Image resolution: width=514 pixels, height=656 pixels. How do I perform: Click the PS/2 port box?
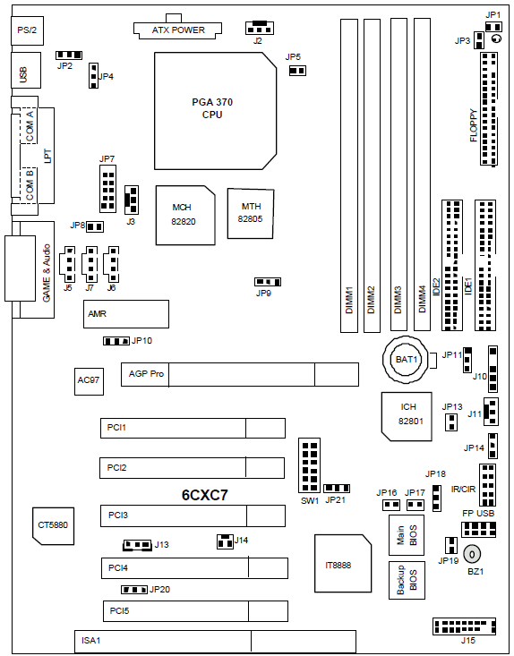tap(27, 30)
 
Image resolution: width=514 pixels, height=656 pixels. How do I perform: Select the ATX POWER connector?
tap(178, 27)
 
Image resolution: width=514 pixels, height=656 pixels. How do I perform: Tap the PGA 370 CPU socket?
tap(215, 111)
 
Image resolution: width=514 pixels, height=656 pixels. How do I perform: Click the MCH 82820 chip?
tap(185, 215)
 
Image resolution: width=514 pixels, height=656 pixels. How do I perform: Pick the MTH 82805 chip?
tap(251, 213)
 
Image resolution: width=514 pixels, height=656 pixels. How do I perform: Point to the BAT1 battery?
tap(407, 360)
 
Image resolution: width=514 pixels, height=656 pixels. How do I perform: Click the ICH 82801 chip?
tap(407, 416)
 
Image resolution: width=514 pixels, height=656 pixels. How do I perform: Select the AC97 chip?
tap(89, 381)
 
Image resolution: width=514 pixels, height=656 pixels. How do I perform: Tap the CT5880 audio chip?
tap(54, 526)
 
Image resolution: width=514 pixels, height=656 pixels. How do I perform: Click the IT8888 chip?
tap(343, 563)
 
